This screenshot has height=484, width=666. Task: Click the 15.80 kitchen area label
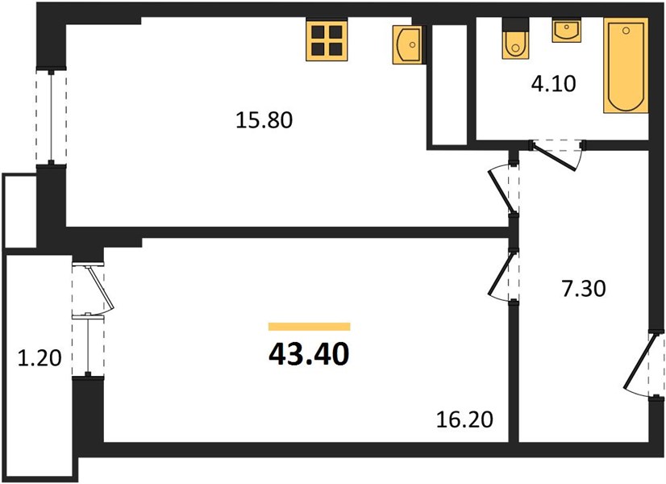tap(264, 120)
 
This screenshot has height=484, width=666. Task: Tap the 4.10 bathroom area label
tap(553, 84)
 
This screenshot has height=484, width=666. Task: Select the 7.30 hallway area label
tap(584, 289)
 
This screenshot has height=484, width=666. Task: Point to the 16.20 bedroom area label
tap(465, 419)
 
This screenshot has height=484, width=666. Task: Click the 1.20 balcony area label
tap(40, 358)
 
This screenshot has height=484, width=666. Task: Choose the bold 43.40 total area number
tap(309, 355)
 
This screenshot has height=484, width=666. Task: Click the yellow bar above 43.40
tap(310, 327)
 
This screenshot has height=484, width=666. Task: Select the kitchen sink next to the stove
tap(408, 44)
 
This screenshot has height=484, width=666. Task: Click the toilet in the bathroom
tap(516, 39)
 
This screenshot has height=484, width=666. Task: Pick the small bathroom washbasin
tap(567, 31)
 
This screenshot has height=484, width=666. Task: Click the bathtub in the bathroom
tap(626, 65)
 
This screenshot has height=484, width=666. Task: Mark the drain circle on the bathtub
tap(626, 31)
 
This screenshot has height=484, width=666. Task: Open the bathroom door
tap(556, 155)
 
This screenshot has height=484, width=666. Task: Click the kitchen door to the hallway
tap(502, 189)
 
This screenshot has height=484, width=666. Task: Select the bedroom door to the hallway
tap(502, 276)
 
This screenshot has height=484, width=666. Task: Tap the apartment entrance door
tap(641, 365)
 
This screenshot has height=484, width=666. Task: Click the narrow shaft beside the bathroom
tap(450, 84)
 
